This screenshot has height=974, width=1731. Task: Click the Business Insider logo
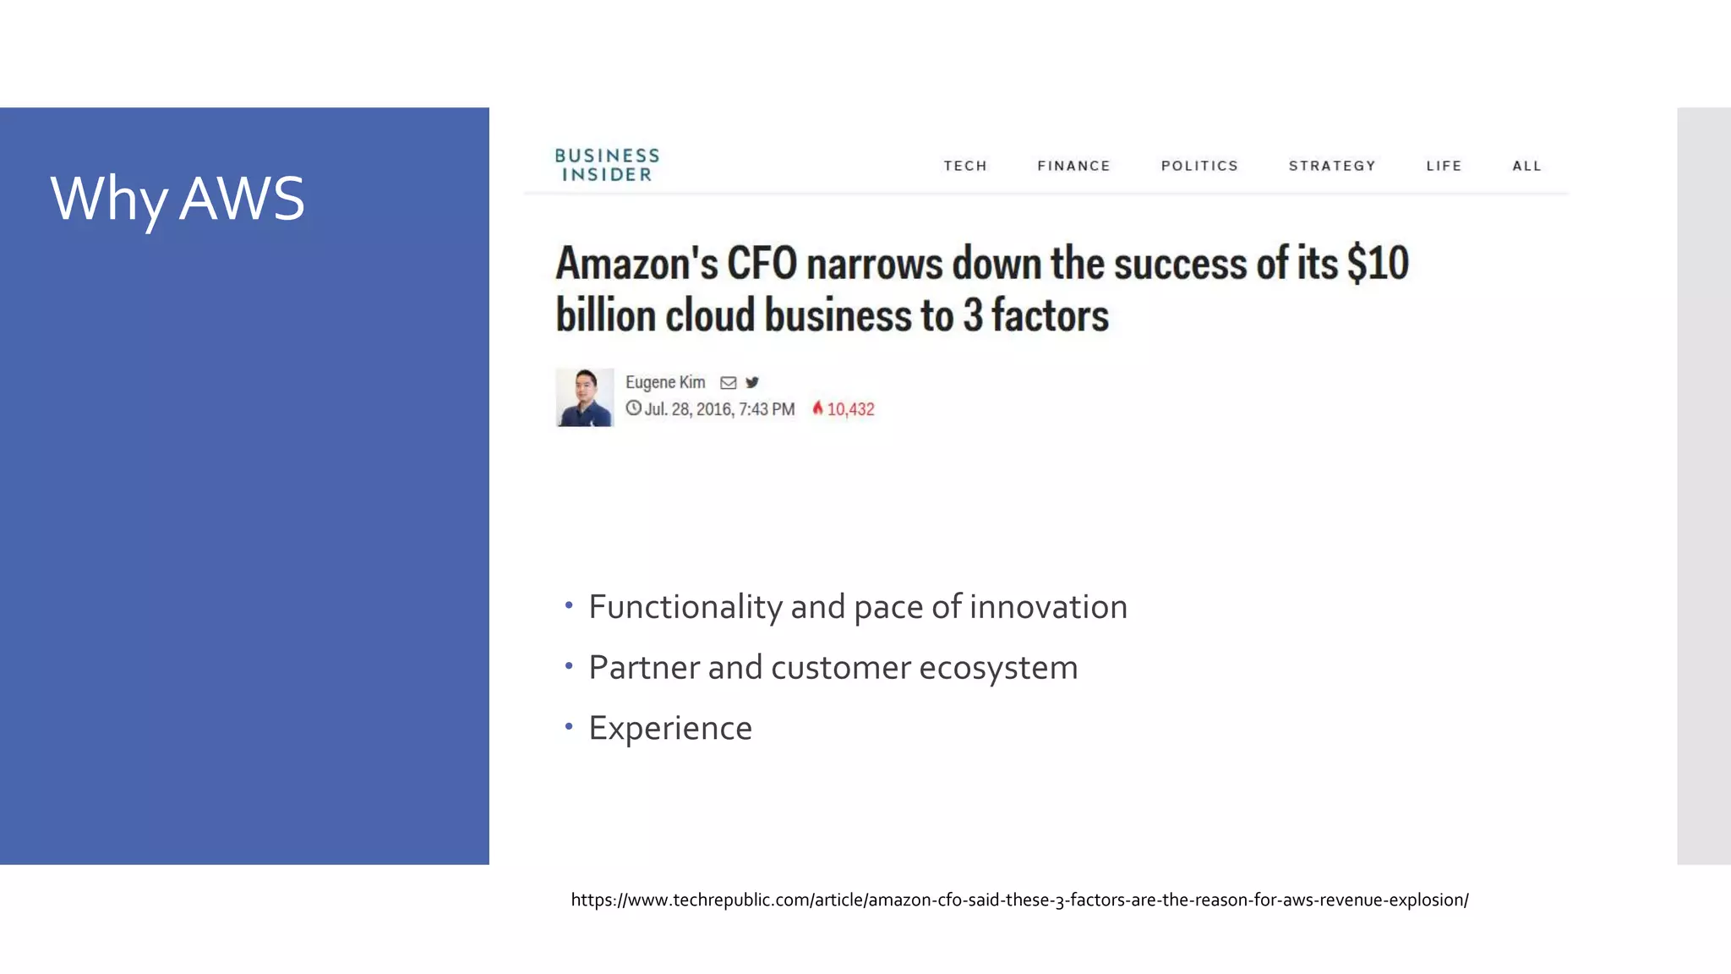pyautogui.click(x=607, y=165)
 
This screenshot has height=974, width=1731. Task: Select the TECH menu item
pyautogui.click(x=965, y=166)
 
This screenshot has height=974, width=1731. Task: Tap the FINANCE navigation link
pyautogui.click(x=1073, y=166)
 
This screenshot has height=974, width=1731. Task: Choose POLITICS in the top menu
pyautogui.click(x=1199, y=166)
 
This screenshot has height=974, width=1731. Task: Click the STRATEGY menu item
pyautogui.click(x=1332, y=166)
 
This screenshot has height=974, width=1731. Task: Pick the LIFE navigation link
pyautogui.click(x=1444, y=166)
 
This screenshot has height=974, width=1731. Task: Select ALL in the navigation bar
pyautogui.click(x=1526, y=166)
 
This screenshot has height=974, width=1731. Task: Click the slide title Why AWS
pyautogui.click(x=177, y=200)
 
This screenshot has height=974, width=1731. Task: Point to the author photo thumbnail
pyautogui.click(x=584, y=397)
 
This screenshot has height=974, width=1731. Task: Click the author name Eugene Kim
pyautogui.click(x=665, y=382)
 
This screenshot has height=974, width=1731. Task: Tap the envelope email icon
pyautogui.click(x=728, y=383)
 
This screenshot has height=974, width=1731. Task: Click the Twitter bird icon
pyautogui.click(x=752, y=382)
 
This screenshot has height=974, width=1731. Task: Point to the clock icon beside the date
pyautogui.click(x=633, y=408)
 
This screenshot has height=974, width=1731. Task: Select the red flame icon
pyautogui.click(x=817, y=408)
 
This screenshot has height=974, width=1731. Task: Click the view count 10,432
pyautogui.click(x=850, y=409)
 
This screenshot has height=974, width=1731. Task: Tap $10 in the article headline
pyautogui.click(x=1378, y=263)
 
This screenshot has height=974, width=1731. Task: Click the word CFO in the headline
pyautogui.click(x=762, y=263)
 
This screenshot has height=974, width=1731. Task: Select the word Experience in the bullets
pyautogui.click(x=670, y=728)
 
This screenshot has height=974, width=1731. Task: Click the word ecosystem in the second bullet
pyautogui.click(x=998, y=668)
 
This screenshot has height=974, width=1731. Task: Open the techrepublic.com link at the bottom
pyautogui.click(x=1019, y=900)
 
